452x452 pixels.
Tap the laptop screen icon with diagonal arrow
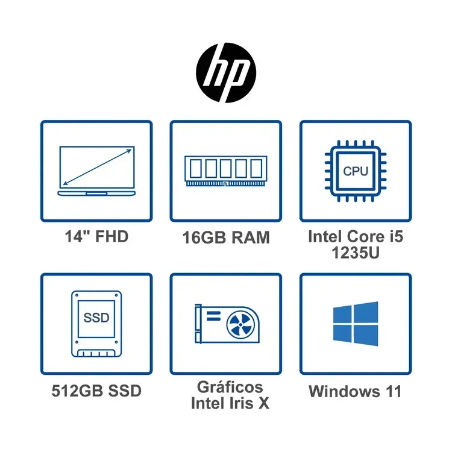pos(96,170)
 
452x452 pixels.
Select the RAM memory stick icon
pos(225,170)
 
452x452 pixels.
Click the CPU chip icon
pos(356,170)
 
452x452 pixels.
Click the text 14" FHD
pos(96,236)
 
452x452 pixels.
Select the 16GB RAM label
pos(225,237)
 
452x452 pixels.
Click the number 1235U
pos(355,253)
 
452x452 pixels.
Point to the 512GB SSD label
pos(96,391)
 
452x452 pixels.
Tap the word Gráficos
pos(230,386)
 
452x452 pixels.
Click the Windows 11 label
pos(355,391)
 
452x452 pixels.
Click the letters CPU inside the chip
pos(356,171)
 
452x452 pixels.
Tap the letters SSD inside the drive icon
pos(96,318)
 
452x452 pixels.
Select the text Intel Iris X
pos(230,403)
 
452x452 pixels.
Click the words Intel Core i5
pos(355,236)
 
